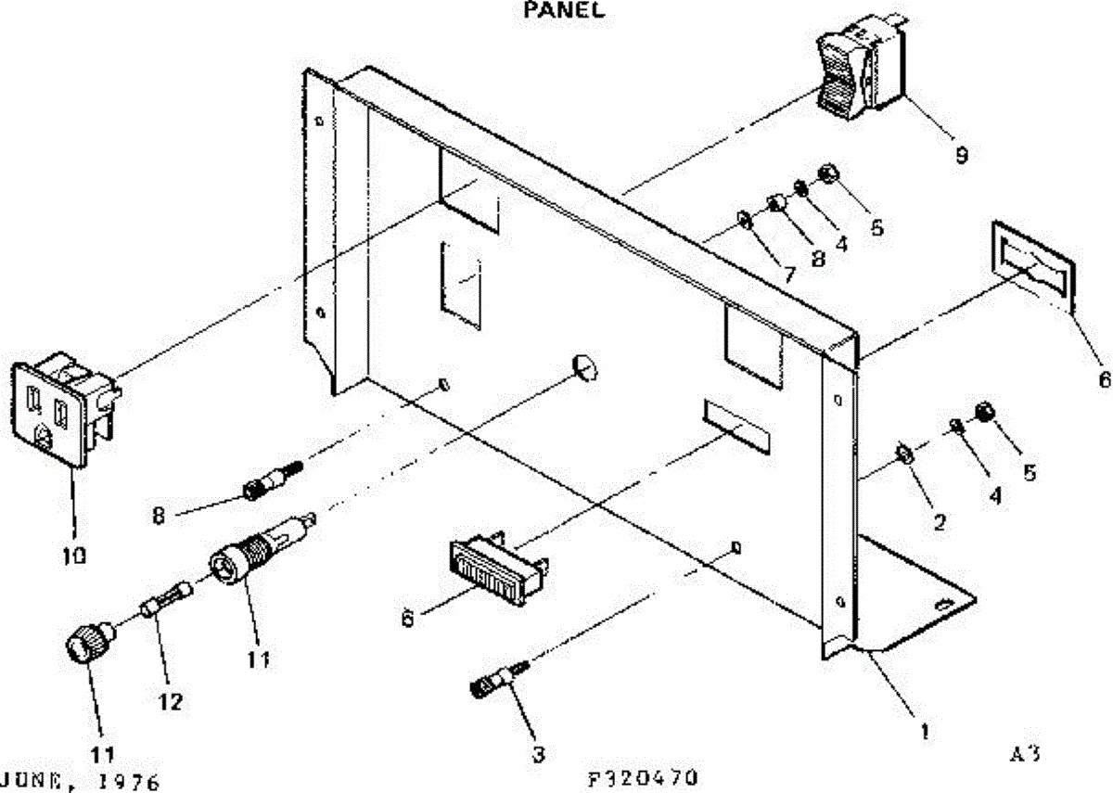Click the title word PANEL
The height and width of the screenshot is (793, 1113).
click(x=564, y=12)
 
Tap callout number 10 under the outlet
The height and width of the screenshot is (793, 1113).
click(x=74, y=556)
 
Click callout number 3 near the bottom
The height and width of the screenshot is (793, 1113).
click(x=538, y=754)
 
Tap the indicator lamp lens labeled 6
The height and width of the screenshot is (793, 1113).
click(x=497, y=569)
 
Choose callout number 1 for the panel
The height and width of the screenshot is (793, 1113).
click(x=924, y=730)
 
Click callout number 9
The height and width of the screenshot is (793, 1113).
click(x=962, y=155)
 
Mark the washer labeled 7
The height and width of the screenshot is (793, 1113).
click(x=743, y=221)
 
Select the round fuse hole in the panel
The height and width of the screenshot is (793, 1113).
click(x=583, y=368)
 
